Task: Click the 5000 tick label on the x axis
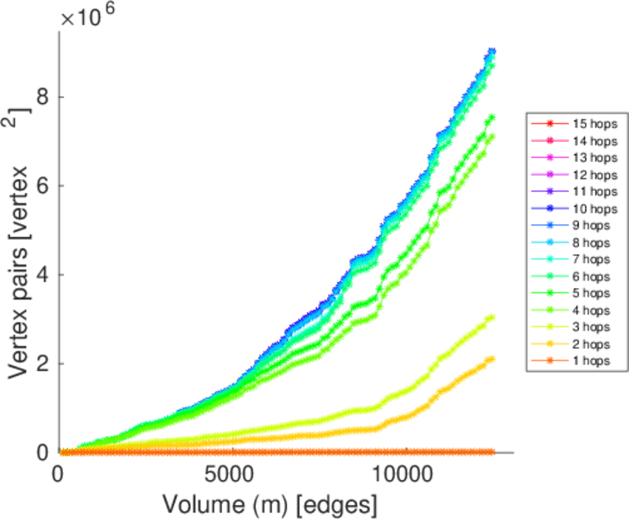point(230,475)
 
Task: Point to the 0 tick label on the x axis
point(59,475)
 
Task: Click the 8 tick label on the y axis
point(41,97)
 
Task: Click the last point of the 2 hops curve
point(491,359)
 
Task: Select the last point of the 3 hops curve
point(491,317)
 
